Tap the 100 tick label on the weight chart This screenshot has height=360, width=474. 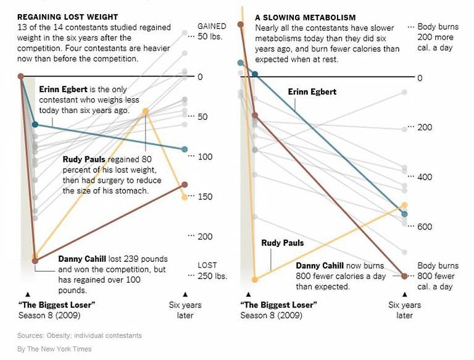(x=205, y=157)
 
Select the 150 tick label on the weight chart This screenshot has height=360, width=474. (x=205, y=197)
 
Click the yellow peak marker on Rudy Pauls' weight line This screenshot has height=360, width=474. (x=146, y=111)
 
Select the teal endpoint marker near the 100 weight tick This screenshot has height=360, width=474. (x=185, y=149)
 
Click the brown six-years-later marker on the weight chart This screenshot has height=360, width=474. (x=185, y=185)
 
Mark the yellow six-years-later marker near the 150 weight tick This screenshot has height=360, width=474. (x=185, y=198)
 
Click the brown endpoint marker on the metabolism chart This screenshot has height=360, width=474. (x=405, y=276)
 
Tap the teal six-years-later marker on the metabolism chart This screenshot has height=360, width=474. (x=405, y=214)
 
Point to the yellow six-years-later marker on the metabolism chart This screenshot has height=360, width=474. (x=405, y=205)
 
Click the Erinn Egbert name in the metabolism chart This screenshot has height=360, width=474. (x=312, y=92)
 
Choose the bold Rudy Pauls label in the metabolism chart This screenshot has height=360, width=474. (x=283, y=243)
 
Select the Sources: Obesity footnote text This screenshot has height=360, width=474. (x=80, y=336)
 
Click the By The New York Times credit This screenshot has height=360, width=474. (x=54, y=350)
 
